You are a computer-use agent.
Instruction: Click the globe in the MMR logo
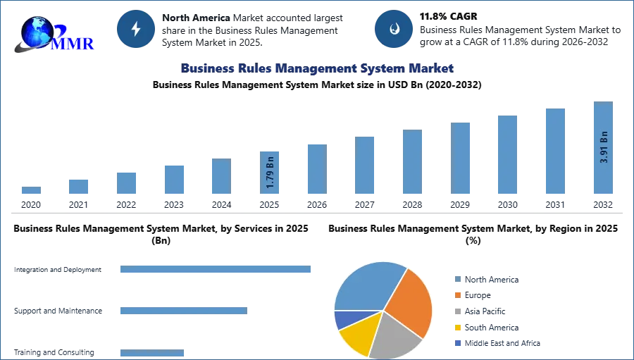coord(37,32)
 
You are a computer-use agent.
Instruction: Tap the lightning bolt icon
coord(137,29)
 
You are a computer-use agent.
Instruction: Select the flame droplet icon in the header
coord(394,29)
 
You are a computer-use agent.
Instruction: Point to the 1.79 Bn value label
coord(270,171)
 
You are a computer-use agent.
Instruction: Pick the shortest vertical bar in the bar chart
coord(30,191)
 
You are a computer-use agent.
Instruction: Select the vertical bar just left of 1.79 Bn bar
coord(220,177)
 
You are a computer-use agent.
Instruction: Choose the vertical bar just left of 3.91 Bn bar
coord(554,151)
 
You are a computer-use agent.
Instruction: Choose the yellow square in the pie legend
coord(457,328)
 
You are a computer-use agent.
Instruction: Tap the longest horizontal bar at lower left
coord(216,271)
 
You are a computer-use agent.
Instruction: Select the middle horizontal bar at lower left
coord(183,310)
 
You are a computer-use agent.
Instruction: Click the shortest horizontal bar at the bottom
coord(152,353)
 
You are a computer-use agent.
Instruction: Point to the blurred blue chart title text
coord(317,68)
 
